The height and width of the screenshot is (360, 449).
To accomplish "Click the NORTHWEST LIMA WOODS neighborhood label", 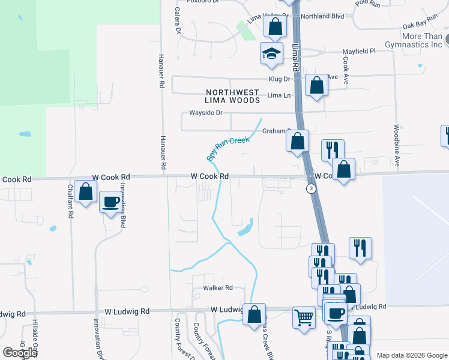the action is (x=233, y=96).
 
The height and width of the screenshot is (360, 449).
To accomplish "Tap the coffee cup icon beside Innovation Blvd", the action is (x=110, y=202).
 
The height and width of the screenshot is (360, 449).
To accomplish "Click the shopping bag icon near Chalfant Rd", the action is (x=86, y=192).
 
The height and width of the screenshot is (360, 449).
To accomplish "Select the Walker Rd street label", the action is (x=217, y=288).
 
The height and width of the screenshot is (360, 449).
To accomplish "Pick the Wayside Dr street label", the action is (x=206, y=113).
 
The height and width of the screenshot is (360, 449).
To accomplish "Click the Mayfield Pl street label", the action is (x=358, y=52).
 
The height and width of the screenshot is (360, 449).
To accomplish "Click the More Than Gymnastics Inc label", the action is (x=422, y=40).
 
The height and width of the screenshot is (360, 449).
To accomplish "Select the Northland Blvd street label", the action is (x=322, y=16).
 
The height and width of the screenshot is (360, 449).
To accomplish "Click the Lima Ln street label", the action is (x=279, y=95).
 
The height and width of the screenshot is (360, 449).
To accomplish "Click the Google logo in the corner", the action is (x=20, y=353).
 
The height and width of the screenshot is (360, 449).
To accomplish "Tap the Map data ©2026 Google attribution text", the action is (x=411, y=355).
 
